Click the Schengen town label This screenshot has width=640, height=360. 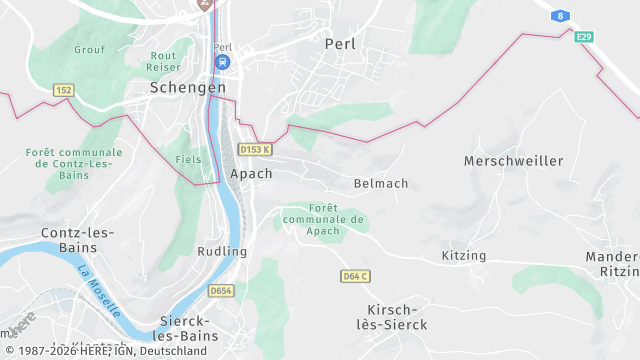(x=187, y=87)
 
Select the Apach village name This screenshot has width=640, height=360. (x=250, y=173)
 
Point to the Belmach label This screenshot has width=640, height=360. (x=381, y=183)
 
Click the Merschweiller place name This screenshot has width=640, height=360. (x=513, y=160)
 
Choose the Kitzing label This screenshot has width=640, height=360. (x=463, y=255)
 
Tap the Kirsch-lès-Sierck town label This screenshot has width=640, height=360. (x=397, y=317)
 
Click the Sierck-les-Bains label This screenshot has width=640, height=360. (x=193, y=327)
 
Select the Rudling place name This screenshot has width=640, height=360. (x=222, y=251)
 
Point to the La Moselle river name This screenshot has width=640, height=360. (x=99, y=289)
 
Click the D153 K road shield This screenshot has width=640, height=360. (x=255, y=149)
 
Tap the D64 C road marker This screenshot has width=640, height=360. (x=355, y=275)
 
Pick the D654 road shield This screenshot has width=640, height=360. (x=221, y=291)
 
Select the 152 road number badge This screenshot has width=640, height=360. (x=64, y=90)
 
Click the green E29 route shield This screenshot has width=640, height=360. (x=584, y=37)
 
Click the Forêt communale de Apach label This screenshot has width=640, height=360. (x=323, y=219)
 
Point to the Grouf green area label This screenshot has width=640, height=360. (x=89, y=48)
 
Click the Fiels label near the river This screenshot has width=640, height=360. (x=188, y=159)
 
